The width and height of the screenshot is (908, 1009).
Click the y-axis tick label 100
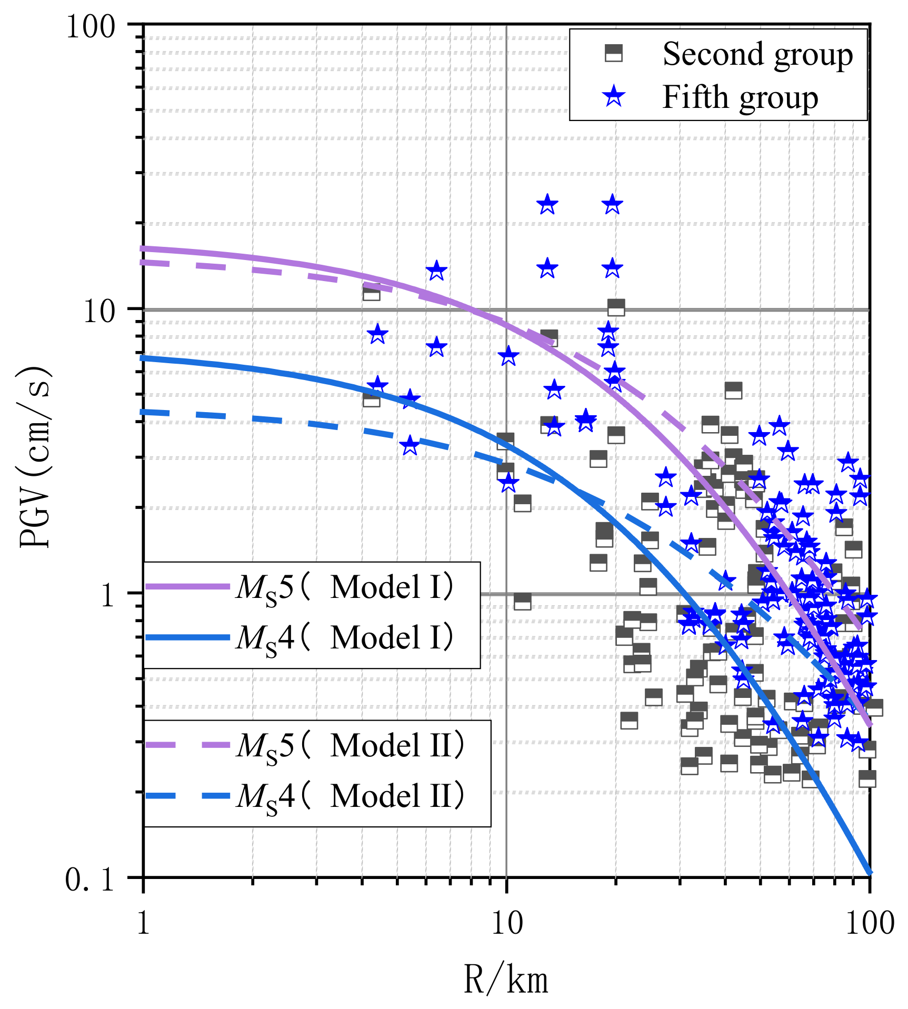pos(91,26)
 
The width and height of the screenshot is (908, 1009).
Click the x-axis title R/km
pos(506,980)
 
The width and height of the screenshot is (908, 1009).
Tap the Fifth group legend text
pos(740,97)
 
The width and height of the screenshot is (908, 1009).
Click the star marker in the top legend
pos(614,97)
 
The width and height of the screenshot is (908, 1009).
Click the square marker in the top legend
pos(614,53)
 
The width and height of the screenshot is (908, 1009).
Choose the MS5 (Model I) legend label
pos(345,587)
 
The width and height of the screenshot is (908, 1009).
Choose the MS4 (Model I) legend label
pos(345,638)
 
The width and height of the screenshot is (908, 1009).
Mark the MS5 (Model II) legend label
pos(351,746)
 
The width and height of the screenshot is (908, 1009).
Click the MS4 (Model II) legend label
pos(351,796)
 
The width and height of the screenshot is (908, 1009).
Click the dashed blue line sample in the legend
pos(187,796)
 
